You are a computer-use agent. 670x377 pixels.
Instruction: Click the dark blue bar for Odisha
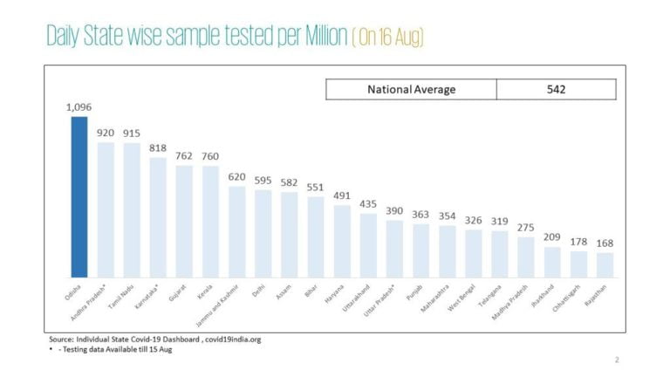pyautogui.click(x=79, y=196)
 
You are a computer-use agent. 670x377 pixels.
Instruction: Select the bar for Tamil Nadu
pyautogui.click(x=132, y=209)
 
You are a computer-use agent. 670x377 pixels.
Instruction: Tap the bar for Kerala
pyautogui.click(x=210, y=221)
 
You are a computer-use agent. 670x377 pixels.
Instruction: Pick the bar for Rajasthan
pyautogui.click(x=605, y=264)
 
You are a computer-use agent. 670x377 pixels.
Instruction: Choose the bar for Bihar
pyautogui.click(x=315, y=236)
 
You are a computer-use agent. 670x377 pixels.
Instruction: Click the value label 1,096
pyautogui.click(x=79, y=107)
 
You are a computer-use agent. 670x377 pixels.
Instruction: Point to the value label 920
pyautogui.click(x=106, y=133)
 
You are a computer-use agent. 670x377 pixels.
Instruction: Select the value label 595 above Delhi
pyautogui.click(x=263, y=181)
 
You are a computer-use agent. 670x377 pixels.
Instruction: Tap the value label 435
pyautogui.click(x=367, y=204)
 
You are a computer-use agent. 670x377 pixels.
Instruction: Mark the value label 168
pyautogui.click(x=605, y=243)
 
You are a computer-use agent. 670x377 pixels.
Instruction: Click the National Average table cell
pyautogui.click(x=411, y=89)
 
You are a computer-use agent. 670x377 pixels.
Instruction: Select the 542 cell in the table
pyautogui.click(x=556, y=89)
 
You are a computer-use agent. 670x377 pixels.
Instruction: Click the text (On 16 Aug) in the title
pyautogui.click(x=389, y=38)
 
